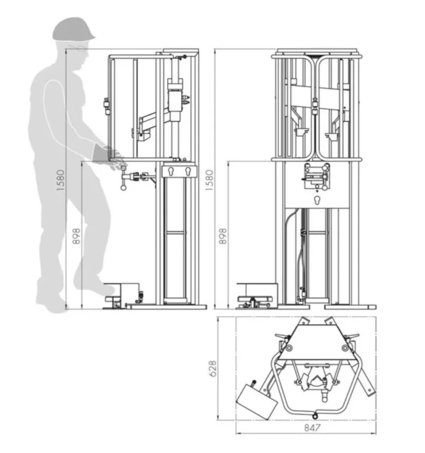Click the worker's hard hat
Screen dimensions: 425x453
click(x=74, y=29)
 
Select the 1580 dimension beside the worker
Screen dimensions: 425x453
click(x=61, y=180)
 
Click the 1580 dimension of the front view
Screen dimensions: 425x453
click(x=210, y=180)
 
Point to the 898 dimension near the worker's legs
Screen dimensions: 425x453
click(x=76, y=236)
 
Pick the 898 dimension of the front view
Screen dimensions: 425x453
click(x=222, y=236)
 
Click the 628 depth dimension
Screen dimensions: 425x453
click(x=212, y=368)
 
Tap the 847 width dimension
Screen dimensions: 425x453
click(x=312, y=428)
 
